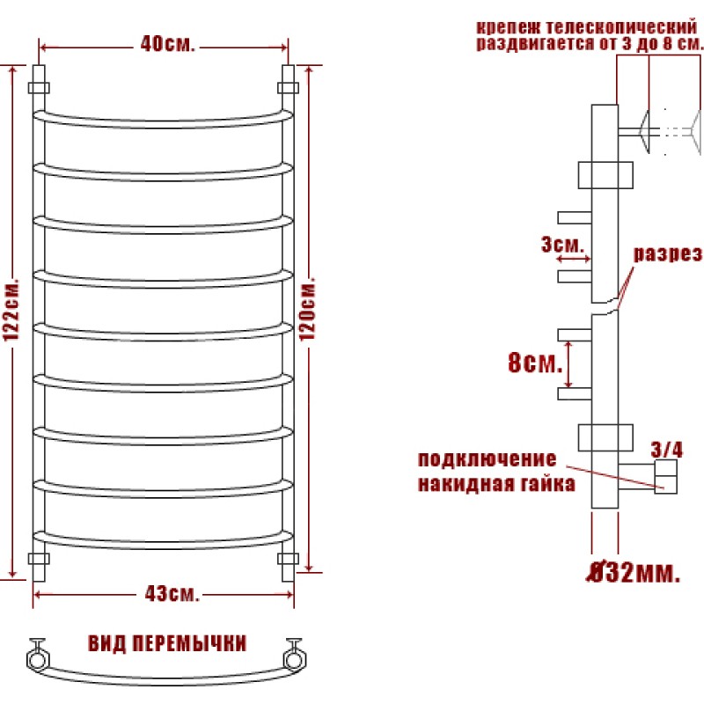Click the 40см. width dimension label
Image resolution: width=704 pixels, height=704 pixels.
167,44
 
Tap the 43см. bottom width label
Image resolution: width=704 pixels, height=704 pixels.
172,594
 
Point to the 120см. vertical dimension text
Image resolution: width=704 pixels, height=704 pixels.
307,309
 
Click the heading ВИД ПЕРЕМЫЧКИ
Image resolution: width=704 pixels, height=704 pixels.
167,643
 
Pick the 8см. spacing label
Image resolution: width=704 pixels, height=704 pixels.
535,363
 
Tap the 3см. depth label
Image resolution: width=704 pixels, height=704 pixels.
563,245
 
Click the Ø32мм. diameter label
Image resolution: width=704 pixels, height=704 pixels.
634,573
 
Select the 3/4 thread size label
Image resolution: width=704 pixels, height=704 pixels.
667,450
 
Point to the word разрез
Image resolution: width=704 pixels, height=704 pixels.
668,254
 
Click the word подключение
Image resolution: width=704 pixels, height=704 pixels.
488,459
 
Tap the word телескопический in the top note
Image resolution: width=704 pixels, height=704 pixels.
621,27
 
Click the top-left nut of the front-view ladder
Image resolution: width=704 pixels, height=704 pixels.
39,87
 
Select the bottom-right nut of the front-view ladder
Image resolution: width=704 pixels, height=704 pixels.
289,559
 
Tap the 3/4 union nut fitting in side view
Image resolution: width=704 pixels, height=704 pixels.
665,477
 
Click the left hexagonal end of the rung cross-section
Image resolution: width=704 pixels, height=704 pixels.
38,659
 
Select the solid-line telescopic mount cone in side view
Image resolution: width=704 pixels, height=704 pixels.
645,131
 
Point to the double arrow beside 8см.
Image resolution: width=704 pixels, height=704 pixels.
568,364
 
